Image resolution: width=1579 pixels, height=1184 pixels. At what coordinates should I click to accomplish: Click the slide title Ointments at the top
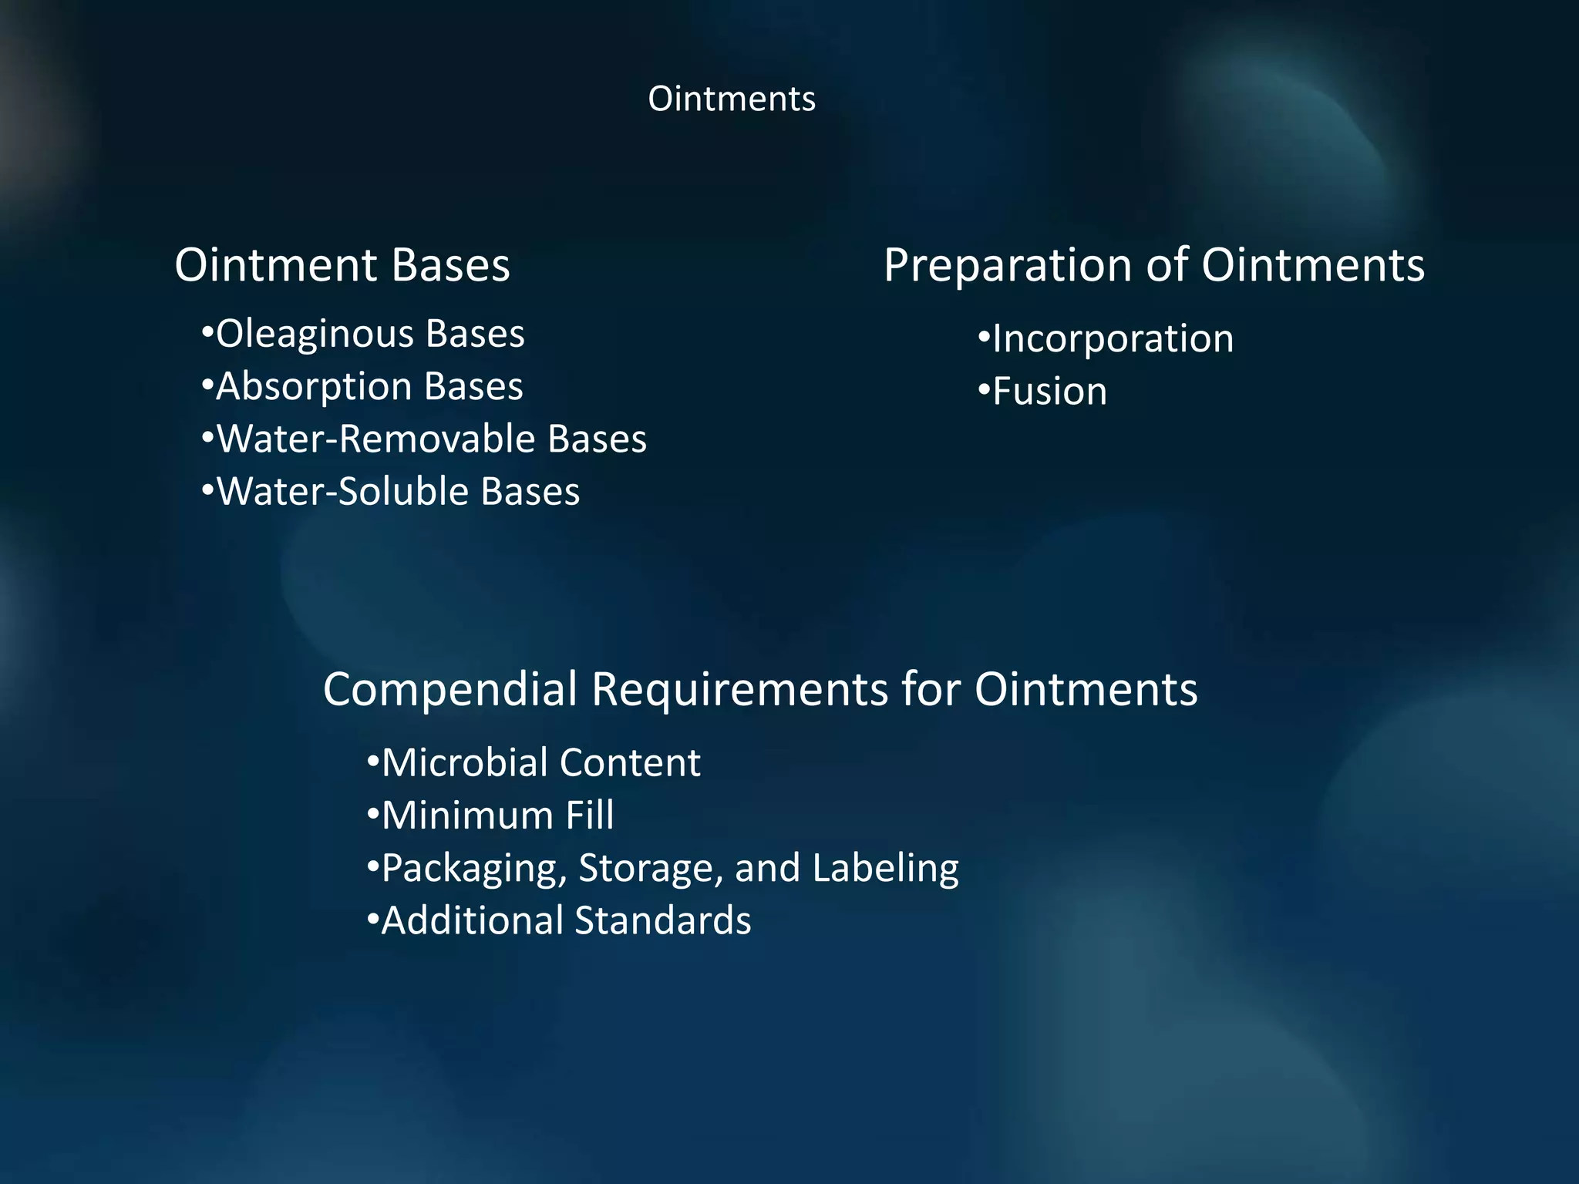731,99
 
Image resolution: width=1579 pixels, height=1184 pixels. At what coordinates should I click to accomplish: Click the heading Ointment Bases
342,265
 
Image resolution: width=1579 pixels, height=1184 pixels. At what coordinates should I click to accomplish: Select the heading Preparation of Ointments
1153,265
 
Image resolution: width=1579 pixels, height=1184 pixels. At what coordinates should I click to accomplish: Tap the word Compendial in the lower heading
450,689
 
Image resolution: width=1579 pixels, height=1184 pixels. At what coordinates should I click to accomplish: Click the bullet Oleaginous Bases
363,335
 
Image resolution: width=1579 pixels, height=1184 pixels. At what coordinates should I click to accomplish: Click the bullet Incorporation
1106,339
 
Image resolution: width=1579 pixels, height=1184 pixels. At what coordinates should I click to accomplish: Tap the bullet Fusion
1042,392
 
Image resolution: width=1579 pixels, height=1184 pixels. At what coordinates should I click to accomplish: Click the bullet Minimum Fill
491,816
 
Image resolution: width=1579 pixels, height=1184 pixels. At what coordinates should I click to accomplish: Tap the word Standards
662,921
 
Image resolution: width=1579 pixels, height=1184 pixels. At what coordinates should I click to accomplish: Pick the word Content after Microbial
630,763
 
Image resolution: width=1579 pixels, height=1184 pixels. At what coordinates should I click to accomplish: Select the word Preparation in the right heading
1008,265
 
